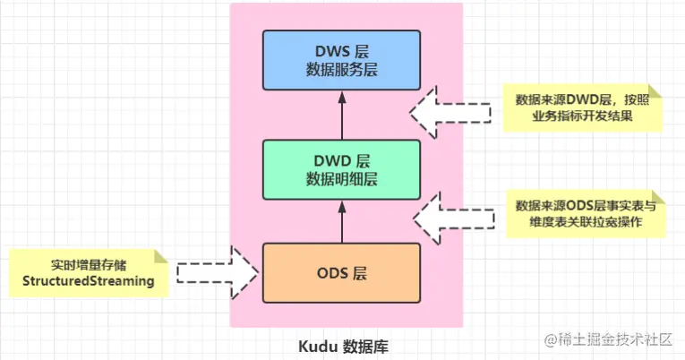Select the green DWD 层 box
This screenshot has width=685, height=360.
pyautogui.click(x=340, y=169)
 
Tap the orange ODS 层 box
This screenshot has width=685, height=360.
pyautogui.click(x=340, y=272)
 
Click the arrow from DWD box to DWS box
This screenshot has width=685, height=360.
pyautogui.click(x=341, y=116)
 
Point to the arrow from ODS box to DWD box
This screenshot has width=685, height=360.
pyautogui.click(x=341, y=221)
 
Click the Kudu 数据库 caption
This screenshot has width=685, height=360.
pyautogui.click(x=343, y=345)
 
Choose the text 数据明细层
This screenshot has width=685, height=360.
pyautogui.click(x=341, y=178)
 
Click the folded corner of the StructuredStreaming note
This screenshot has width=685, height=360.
pyautogui.click(x=161, y=255)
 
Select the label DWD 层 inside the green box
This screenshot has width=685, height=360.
pyautogui.click(x=341, y=160)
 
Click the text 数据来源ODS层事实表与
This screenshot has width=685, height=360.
pyautogui.click(x=587, y=205)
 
